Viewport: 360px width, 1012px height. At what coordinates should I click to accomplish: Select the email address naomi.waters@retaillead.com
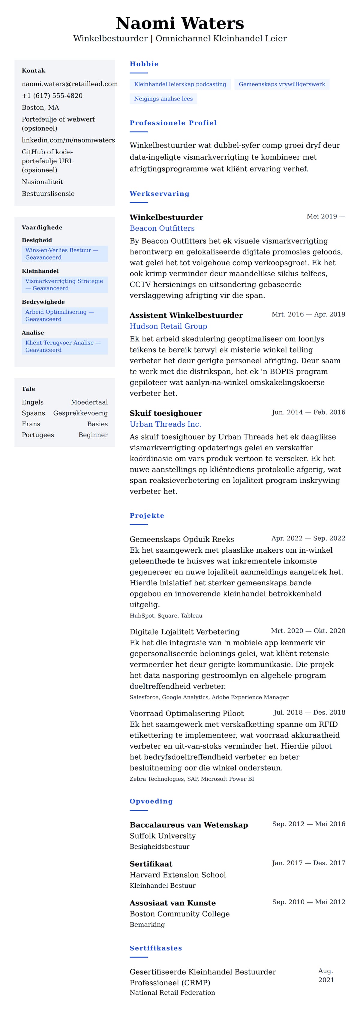70,84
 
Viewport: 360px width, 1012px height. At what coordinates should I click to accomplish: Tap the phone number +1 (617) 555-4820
52,96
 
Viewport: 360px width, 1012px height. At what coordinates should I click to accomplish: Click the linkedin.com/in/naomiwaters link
68,140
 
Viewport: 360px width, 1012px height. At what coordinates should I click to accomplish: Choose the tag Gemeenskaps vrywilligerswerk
282,85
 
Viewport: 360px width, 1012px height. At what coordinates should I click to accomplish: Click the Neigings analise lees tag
163,99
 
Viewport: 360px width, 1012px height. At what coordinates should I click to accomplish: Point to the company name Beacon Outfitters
162,228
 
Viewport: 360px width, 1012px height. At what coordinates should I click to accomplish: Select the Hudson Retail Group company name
168,326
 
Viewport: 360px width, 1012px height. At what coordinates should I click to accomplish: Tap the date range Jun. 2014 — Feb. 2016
308,412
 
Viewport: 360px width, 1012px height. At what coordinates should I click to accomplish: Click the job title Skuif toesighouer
166,413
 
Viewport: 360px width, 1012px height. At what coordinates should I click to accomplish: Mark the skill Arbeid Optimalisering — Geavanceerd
64,315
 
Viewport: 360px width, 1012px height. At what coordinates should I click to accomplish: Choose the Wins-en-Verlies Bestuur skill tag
64,254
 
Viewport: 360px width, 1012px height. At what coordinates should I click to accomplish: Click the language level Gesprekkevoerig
80,413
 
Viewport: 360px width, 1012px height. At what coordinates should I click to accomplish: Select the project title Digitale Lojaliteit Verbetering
184,632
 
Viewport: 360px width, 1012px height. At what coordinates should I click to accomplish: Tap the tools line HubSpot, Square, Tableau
166,616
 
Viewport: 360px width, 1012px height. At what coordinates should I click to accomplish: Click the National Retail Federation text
172,993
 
